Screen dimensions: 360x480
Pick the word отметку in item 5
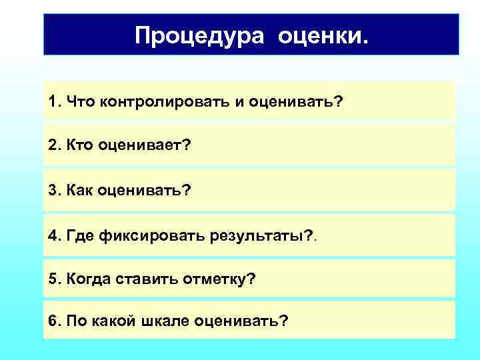pyautogui.click(x=216, y=278)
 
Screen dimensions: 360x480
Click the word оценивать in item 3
pyautogui.click(x=144, y=191)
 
